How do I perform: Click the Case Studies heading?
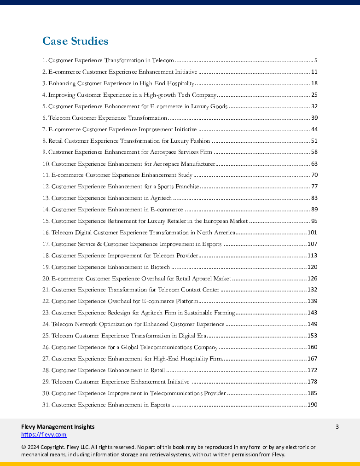click(75, 41)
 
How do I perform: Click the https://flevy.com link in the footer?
click(44, 434)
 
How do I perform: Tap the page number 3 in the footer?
click(337, 426)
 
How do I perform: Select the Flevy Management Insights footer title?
click(58, 426)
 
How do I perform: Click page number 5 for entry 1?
click(316, 60)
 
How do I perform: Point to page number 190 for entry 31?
click(312, 405)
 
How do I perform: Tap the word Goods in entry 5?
click(219, 106)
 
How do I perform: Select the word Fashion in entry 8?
click(199, 141)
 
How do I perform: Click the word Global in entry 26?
click(131, 347)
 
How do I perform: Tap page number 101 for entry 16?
click(312, 233)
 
